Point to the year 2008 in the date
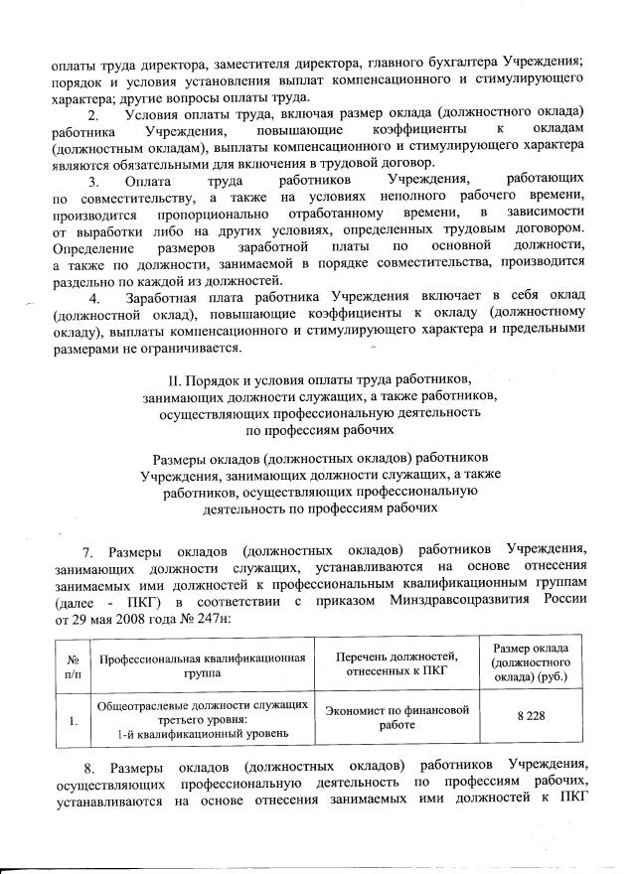click(125, 618)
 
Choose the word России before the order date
click(562, 601)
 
